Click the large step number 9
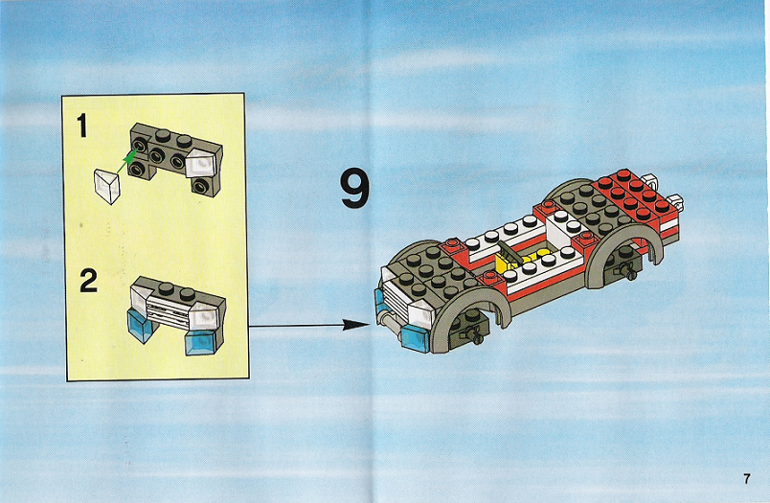355,188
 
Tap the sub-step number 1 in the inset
82,126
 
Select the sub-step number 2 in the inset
88,282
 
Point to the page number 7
746,478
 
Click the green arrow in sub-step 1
125,163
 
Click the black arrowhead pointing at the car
355,325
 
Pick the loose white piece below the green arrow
107,186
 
